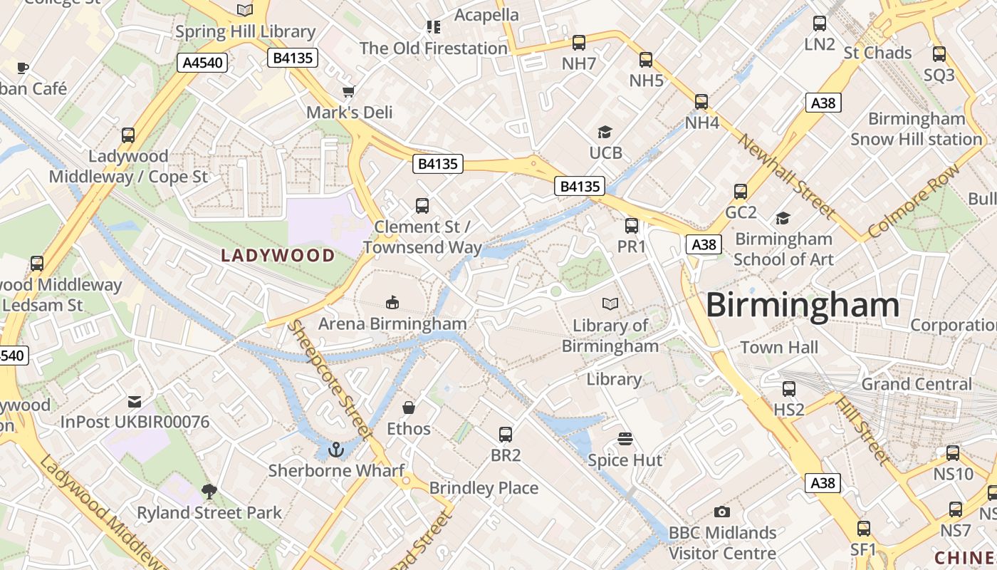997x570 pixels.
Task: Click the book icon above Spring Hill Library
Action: click(245, 10)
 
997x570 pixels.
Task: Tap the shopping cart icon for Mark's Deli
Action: click(348, 91)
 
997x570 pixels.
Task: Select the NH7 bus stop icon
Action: click(579, 43)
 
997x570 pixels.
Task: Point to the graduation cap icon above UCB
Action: click(605, 132)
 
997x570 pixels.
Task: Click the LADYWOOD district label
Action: click(278, 255)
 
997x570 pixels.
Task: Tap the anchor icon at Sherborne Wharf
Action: click(335, 450)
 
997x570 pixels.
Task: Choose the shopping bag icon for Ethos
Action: click(409, 408)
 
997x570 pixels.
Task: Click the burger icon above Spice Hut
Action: click(625, 439)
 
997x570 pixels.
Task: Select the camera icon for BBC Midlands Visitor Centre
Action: click(722, 512)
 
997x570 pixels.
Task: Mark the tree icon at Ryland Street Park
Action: click(209, 491)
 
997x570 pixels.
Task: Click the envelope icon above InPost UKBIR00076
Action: click(135, 401)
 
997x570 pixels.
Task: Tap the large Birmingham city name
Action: click(803, 305)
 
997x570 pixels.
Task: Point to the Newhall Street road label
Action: click(786, 175)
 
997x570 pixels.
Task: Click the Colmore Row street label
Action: click(914, 202)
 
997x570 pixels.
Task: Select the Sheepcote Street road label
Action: click(330, 379)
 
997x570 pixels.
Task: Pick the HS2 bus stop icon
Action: click(789, 389)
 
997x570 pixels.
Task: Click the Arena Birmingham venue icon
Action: click(392, 302)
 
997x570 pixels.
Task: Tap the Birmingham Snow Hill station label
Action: click(916, 129)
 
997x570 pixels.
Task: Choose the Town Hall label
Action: click(779, 348)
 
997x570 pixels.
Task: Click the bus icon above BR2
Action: click(506, 434)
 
